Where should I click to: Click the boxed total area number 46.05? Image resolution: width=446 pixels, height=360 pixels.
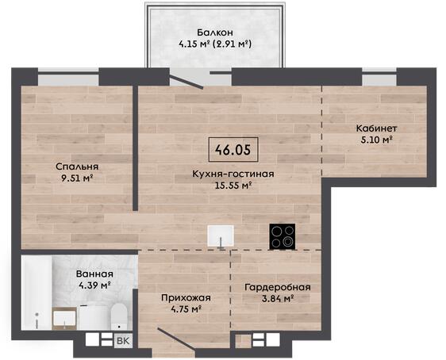pyautogui.click(x=233, y=149)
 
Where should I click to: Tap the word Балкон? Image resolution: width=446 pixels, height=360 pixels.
pyautogui.click(x=215, y=33)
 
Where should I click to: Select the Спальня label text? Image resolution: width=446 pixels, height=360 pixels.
pyautogui.click(x=77, y=167)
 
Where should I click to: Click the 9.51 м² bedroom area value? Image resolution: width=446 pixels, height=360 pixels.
pyautogui.click(x=77, y=178)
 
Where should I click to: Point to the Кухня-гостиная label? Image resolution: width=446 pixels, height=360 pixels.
pyautogui.click(x=233, y=174)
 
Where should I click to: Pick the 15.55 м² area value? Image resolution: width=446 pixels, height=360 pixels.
pyautogui.click(x=233, y=186)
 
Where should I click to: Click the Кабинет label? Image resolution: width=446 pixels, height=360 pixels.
pyautogui.click(x=377, y=128)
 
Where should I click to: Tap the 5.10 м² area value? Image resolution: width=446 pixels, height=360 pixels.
pyautogui.click(x=377, y=140)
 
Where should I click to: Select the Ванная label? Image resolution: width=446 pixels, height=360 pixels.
pyautogui.click(x=94, y=274)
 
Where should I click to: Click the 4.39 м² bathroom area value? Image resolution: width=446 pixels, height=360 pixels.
pyautogui.click(x=94, y=285)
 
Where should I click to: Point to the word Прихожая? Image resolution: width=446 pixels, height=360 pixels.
pyautogui.click(x=186, y=298)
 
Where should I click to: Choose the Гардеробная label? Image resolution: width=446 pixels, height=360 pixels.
pyautogui.click(x=278, y=287)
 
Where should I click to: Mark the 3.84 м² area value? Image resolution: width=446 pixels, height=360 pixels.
pyautogui.click(x=278, y=299)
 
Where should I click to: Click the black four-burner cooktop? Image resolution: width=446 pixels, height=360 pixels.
pyautogui.click(x=283, y=236)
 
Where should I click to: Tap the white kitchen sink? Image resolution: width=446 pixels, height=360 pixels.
pyautogui.click(x=221, y=236)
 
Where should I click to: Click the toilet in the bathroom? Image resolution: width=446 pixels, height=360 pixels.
pyautogui.click(x=118, y=317)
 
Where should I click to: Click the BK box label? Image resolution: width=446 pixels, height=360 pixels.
pyautogui.click(x=123, y=341)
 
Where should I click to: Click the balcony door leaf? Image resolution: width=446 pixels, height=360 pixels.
pyautogui.click(x=186, y=82)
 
